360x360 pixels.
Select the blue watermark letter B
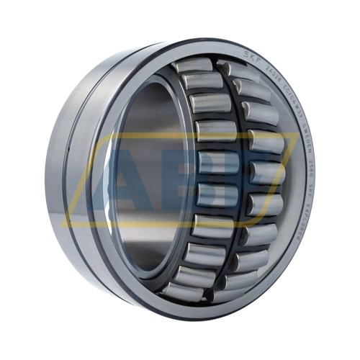[216, 173]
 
